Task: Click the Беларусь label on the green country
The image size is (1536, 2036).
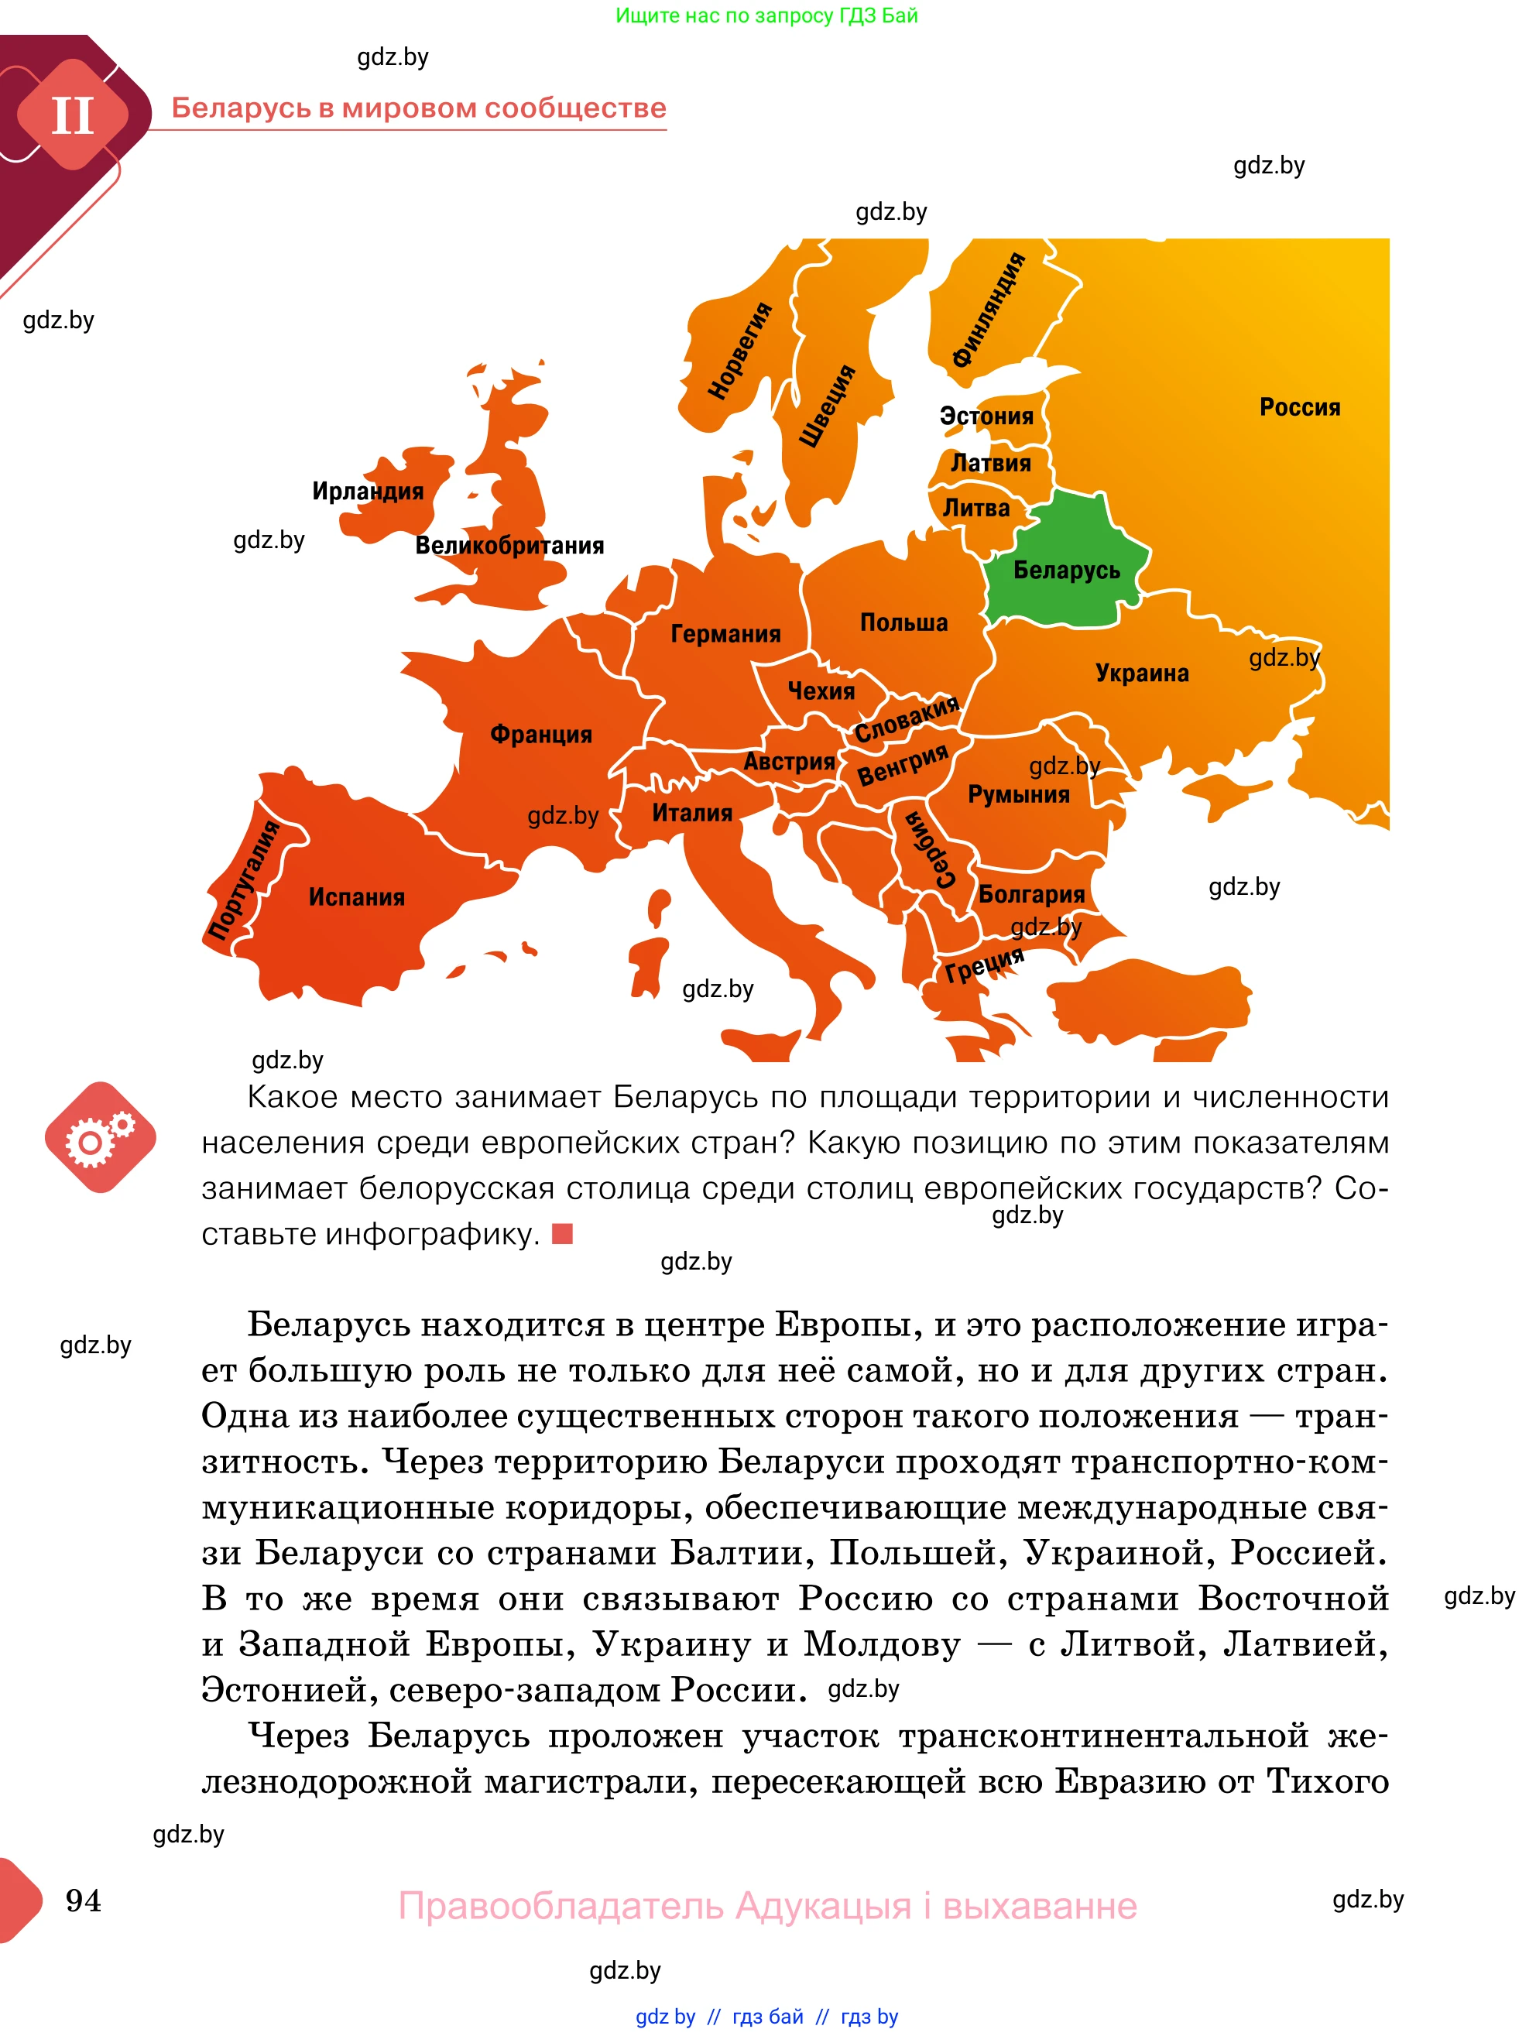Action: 1067,571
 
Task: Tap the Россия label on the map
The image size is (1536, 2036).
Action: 1299,407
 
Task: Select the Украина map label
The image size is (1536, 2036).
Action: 1142,673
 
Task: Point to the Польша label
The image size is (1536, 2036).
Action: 903,622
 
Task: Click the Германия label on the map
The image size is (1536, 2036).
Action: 725,633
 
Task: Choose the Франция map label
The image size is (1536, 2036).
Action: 541,734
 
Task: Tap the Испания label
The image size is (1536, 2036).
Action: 357,896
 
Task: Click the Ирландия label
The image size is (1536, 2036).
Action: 368,491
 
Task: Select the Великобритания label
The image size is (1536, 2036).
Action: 510,545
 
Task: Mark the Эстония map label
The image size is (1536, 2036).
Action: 986,416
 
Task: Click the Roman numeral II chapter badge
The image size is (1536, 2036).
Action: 72,116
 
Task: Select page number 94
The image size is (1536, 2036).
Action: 84,1900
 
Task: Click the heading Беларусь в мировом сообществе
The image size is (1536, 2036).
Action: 419,108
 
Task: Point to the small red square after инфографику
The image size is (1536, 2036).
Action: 562,1234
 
